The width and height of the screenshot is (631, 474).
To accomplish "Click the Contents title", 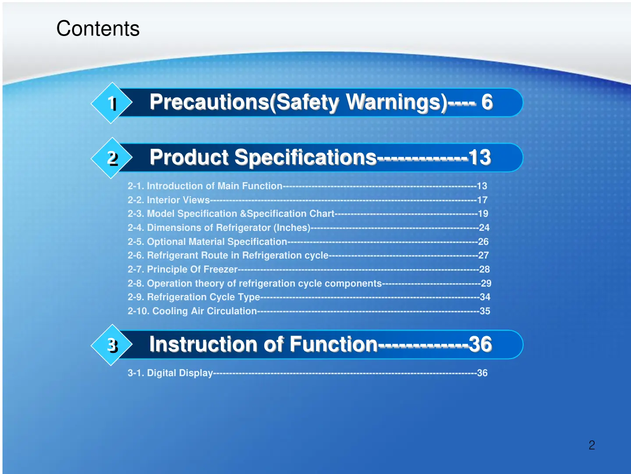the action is pos(98,29).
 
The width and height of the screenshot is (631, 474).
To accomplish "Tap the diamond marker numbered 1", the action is pos(112,103).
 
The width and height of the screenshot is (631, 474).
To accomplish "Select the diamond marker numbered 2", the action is pos(112,158).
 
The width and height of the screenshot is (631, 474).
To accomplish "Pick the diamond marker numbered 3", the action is pos(112,345).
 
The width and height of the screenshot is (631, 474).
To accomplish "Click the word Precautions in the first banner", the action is pos(209,102).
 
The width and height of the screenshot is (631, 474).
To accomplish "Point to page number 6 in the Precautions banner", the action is pos(487,102).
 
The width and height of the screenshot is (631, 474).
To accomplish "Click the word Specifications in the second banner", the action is pos(305,158).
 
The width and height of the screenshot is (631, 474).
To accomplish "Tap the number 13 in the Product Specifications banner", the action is pos(480,158).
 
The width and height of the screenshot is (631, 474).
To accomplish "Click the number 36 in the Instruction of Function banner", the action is pos(480,344).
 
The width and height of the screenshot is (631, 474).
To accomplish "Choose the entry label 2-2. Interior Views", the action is pos(169,200).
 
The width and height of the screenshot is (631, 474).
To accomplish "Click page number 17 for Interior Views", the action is pos(482,200).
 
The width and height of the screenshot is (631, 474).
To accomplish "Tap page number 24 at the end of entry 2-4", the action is pos(484,227).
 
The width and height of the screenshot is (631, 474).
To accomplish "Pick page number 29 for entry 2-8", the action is pos(486,283).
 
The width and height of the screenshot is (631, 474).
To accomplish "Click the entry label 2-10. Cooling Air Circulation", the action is pos(192,311).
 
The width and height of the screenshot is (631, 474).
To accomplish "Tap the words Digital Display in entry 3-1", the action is pos(180,373).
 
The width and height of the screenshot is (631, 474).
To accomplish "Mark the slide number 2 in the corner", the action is pos(592,445).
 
